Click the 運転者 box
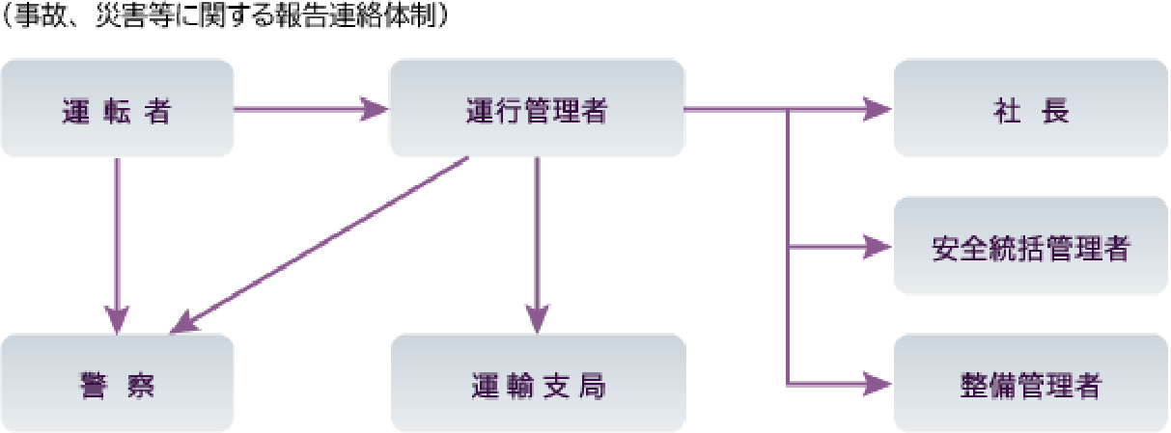pyautogui.click(x=117, y=108)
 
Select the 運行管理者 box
pyautogui.click(x=537, y=108)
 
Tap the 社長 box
pyautogui.click(x=1031, y=108)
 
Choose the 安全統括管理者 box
pyautogui.click(x=1031, y=247)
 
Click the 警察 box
pyautogui.click(x=117, y=384)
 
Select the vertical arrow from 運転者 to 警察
pyautogui.click(x=117, y=241)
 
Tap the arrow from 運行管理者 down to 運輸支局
pyautogui.click(x=537, y=241)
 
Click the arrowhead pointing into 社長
pyautogui.click(x=877, y=109)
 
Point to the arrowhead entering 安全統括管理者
pyautogui.click(x=877, y=247)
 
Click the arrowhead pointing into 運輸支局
pyautogui.click(x=537, y=318)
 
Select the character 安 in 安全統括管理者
pyautogui.click(x=945, y=249)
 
